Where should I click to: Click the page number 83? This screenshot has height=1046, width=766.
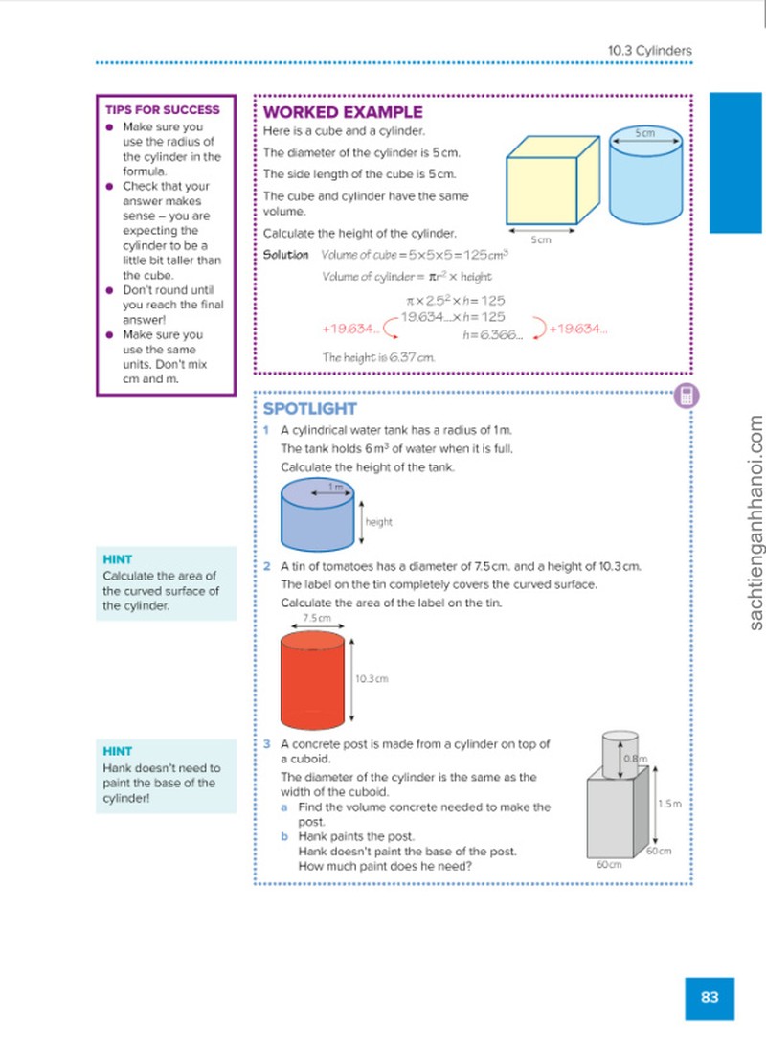click(710, 997)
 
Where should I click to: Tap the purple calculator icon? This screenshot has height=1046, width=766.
click(686, 397)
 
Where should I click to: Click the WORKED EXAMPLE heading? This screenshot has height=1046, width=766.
click(343, 112)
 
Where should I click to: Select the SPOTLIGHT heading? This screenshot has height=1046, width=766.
click(310, 408)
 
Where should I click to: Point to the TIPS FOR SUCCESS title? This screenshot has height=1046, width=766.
click(162, 109)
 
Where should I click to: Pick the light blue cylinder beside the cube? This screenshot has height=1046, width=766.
click(645, 174)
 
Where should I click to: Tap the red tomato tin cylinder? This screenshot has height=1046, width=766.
click(313, 680)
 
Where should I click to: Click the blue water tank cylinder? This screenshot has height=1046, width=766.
click(317, 514)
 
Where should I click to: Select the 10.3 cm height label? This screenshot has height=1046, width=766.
click(372, 678)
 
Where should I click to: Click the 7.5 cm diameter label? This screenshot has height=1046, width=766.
click(317, 618)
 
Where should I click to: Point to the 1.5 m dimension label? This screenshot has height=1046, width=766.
click(669, 803)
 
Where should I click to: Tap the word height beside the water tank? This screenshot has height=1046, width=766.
click(378, 522)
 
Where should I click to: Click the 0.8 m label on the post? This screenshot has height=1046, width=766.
click(636, 759)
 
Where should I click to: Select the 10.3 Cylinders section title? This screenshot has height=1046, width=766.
click(649, 50)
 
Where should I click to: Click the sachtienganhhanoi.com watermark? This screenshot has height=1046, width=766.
click(755, 523)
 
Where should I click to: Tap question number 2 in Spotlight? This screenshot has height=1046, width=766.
click(267, 566)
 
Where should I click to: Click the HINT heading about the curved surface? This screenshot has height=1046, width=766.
click(118, 559)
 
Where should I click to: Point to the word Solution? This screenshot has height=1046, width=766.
click(285, 254)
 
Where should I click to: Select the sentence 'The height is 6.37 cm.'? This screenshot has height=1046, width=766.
click(378, 357)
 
